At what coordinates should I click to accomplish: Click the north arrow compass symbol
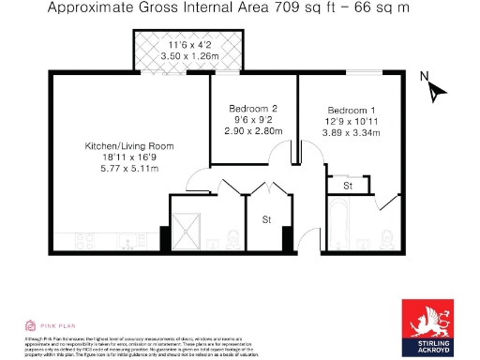pyautogui.click(x=434, y=92)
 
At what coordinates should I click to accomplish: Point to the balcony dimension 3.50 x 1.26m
pyautogui.click(x=189, y=56)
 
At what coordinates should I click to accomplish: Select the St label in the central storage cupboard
pyautogui.click(x=265, y=221)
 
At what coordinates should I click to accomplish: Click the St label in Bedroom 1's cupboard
pyautogui.click(x=347, y=187)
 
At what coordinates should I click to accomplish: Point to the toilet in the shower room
pyautogui.click(x=232, y=240)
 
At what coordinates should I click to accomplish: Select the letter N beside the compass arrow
pyautogui.click(x=424, y=77)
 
